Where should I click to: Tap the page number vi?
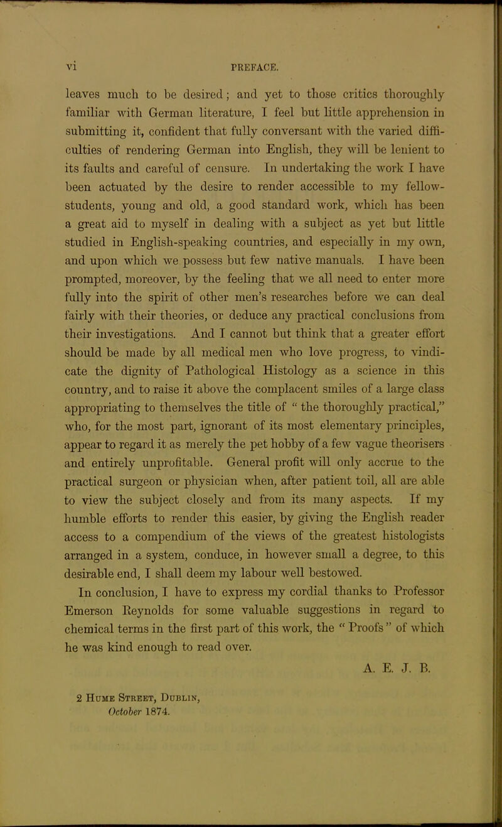click(73, 63)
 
